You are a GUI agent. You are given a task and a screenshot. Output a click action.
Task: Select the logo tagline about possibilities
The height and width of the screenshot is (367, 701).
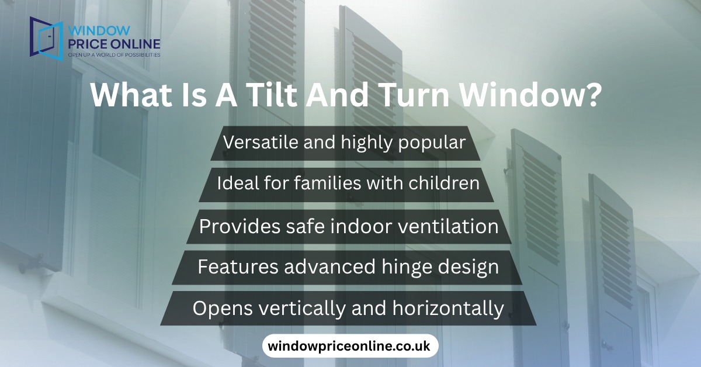tap(114, 54)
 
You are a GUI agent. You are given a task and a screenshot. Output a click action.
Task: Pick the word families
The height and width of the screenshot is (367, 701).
tap(328, 183)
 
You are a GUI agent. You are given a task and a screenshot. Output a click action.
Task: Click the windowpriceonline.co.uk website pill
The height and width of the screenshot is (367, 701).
tap(349, 346)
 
